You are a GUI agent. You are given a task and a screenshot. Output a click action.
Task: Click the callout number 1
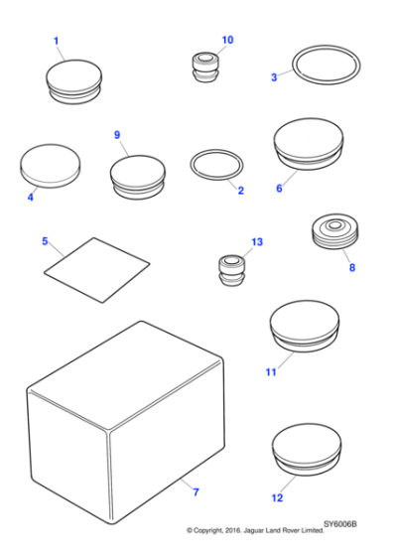coord(56,41)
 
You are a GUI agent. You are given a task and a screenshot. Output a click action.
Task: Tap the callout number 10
coord(227,40)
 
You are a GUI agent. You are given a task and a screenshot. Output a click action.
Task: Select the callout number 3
coord(274,76)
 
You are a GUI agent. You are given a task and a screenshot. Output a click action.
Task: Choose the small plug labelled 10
coord(205,69)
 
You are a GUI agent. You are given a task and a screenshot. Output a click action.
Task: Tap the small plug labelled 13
coord(230,271)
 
